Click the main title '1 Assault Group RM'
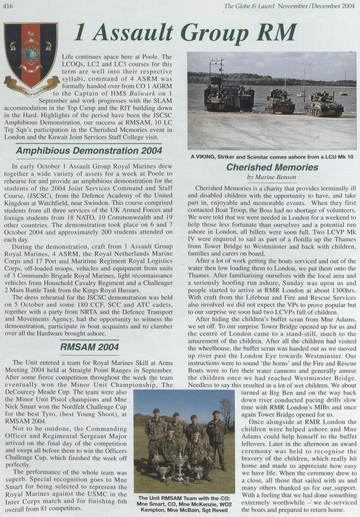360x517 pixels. (185, 34)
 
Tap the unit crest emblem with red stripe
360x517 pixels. (31, 57)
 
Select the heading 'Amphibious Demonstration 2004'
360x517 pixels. (89, 151)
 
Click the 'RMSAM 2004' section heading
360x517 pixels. (89, 347)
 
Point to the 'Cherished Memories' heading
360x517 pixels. (272, 167)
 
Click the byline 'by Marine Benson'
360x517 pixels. (272, 177)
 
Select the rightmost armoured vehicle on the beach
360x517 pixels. (324, 105)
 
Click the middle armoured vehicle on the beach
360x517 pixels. (280, 103)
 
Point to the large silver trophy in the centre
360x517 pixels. (180, 464)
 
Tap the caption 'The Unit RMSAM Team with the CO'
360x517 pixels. (184, 504)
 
